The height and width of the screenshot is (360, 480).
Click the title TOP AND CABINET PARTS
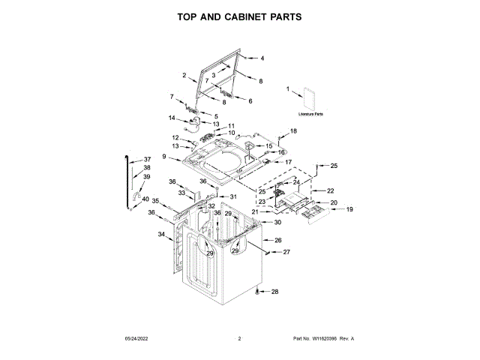coord(239,16)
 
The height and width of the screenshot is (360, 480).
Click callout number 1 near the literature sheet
coord(287,89)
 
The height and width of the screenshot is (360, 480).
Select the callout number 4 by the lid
coord(262,58)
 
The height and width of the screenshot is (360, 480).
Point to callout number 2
coord(184,75)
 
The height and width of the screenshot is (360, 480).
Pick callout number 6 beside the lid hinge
coord(250,100)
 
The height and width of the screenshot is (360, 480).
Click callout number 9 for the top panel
coord(164,156)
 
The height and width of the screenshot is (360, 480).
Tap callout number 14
coord(171,118)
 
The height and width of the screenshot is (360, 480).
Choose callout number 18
coord(293,130)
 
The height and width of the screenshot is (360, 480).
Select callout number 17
coord(287,160)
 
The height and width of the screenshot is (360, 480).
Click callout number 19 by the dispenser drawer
coord(349,209)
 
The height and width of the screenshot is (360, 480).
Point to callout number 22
coord(330,190)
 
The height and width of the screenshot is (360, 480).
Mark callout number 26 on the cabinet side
coord(277,240)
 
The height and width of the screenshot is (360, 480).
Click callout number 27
coord(286,252)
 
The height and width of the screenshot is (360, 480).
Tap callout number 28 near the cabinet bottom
coord(274,292)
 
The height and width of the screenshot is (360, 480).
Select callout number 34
coord(161,235)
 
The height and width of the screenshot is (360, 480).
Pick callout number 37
coord(148,159)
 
